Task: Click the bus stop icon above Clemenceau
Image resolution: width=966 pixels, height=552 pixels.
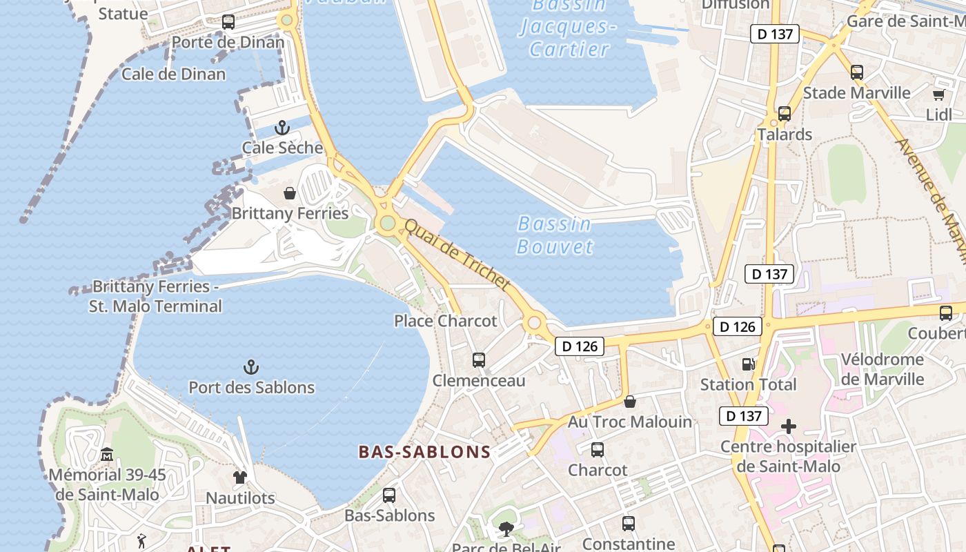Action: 478,359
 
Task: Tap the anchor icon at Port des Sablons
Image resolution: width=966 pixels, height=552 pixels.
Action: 251,366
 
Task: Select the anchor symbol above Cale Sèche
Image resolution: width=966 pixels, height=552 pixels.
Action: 282,127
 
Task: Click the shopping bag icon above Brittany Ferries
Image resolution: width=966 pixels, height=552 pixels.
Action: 290,193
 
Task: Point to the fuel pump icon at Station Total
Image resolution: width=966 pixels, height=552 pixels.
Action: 748,364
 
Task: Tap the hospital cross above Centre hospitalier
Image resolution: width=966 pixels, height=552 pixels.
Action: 788,426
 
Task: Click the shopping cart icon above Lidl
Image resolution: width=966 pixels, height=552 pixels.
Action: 938,95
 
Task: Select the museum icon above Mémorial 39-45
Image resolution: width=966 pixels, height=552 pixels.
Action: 107,454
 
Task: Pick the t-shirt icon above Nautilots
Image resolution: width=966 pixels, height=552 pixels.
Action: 239,477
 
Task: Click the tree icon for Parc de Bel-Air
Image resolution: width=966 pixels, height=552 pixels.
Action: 506,529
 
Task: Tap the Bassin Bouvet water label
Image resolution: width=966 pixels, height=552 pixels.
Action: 555,235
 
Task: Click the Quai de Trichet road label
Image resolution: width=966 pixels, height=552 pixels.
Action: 457,254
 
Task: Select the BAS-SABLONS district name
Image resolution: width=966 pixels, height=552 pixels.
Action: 424,453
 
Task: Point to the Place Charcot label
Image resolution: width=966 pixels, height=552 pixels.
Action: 445,321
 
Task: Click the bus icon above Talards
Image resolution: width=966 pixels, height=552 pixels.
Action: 784,114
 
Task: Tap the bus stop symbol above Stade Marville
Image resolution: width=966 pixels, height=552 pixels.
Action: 856,72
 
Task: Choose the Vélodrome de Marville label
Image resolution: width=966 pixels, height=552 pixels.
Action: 883,369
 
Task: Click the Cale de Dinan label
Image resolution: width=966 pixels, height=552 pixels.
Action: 173,74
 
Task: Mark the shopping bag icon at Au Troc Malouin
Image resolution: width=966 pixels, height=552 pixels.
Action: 629,401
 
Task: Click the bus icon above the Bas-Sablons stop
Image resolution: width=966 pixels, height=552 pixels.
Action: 389,495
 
